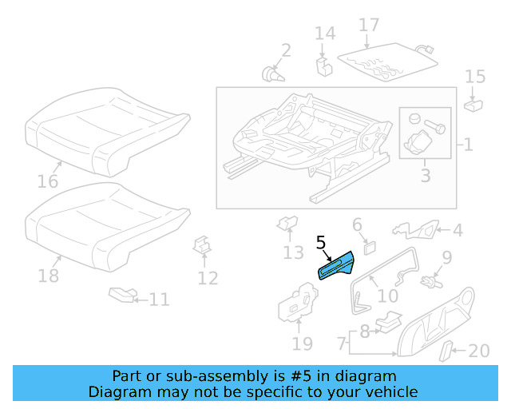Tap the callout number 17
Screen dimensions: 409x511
[368, 26]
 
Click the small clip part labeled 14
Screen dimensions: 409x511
[324, 63]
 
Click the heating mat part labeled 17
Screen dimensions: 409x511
[387, 62]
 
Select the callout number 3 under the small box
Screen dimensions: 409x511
[425, 174]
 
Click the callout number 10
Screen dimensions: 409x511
[387, 296]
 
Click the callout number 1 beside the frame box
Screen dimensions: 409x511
[468, 145]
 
